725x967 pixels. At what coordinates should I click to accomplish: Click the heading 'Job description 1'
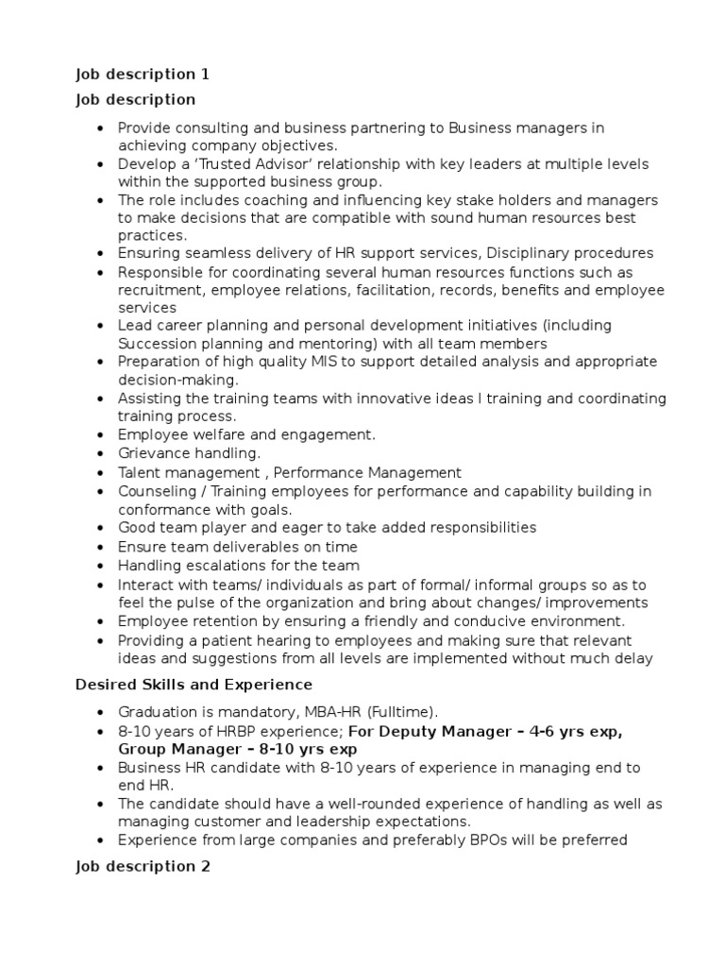pos(142,75)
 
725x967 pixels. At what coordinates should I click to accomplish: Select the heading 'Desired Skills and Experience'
pos(194,684)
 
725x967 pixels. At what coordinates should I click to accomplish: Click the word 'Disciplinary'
pos(527,254)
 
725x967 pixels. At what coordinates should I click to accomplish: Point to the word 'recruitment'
pos(160,290)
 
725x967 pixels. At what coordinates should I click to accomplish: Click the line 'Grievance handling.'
pos(189,454)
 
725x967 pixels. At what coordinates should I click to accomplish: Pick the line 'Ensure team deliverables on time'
pos(238,547)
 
